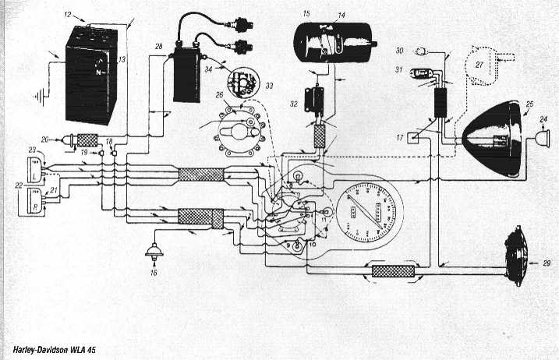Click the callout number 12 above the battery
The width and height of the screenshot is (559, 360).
68,15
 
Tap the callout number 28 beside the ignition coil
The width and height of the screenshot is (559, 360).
158,48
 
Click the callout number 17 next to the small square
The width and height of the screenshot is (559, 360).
400,139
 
